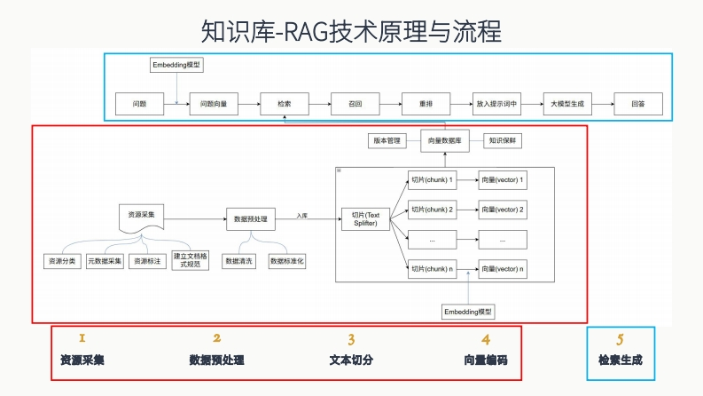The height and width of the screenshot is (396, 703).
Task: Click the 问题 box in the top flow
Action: (139, 104)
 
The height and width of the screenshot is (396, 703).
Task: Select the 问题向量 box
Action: (214, 104)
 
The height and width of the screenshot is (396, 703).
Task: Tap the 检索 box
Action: (285, 104)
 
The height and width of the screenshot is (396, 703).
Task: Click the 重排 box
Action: (426, 104)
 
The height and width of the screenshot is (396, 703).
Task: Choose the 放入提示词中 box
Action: (496, 104)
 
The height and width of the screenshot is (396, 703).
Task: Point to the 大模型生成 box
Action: (567, 104)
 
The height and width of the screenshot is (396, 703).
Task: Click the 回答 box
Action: (638, 104)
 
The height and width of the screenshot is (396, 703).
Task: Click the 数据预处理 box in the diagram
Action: (251, 218)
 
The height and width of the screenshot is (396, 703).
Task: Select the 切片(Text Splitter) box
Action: (365, 219)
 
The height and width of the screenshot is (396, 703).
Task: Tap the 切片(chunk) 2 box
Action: (432, 210)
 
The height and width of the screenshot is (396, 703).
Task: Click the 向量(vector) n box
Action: (502, 269)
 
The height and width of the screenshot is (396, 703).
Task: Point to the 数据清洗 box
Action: (239, 262)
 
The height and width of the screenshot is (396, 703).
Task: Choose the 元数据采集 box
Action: (105, 262)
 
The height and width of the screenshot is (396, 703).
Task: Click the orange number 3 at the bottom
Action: (351, 339)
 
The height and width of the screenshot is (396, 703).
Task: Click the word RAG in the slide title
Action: (306, 33)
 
